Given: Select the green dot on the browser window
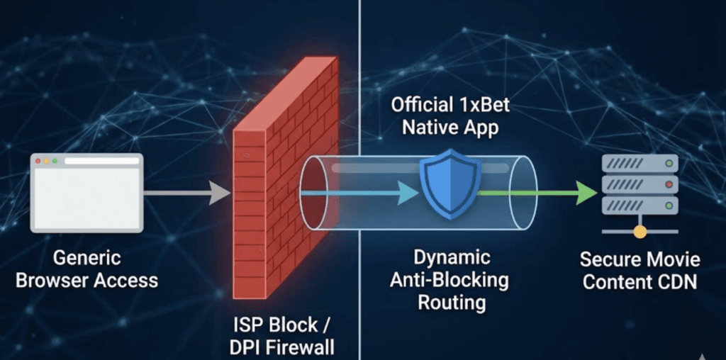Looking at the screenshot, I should (55, 162).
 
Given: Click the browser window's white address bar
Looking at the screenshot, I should (101, 162).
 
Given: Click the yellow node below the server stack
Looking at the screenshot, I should (640, 232).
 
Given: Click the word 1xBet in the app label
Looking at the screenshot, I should (481, 107).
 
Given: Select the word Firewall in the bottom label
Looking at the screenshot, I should (300, 347).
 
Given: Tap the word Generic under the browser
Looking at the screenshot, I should (86, 258).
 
